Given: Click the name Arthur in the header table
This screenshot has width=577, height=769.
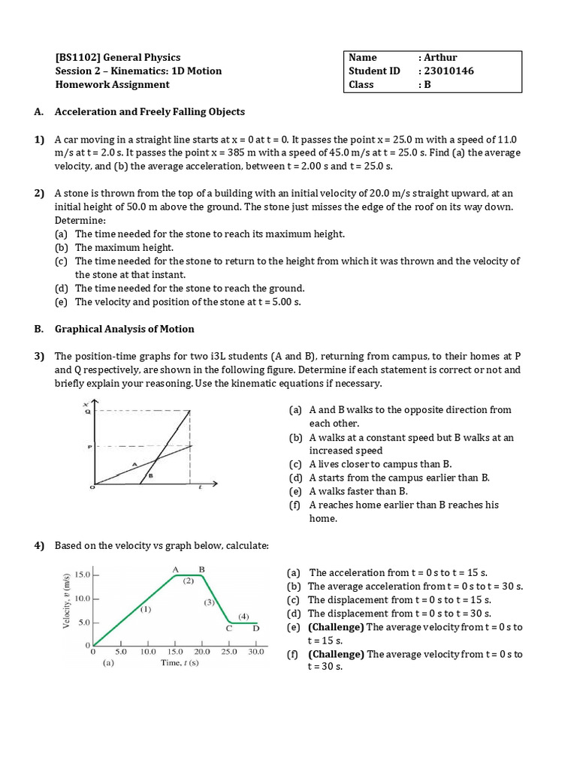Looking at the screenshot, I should click(x=440, y=58).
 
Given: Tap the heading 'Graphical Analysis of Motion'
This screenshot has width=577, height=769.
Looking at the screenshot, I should click(x=124, y=329).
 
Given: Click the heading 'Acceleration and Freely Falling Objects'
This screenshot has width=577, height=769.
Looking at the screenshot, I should click(x=150, y=112).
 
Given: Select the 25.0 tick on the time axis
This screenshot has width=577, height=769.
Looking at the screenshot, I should click(x=229, y=652).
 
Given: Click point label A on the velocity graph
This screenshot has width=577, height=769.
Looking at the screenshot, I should click(x=176, y=570).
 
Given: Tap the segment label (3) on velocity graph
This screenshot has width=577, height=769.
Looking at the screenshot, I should click(x=210, y=602).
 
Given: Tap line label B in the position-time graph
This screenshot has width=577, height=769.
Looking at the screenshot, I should click(x=151, y=475).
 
